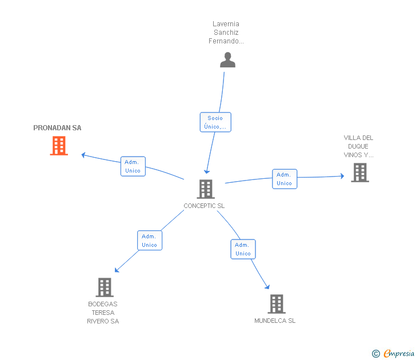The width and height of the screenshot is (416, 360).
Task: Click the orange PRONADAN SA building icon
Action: pyautogui.click(x=59, y=146)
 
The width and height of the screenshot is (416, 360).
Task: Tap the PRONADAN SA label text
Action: pyautogui.click(x=57, y=128)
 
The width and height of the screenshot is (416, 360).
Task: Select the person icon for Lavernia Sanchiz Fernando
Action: pyautogui.click(x=227, y=60)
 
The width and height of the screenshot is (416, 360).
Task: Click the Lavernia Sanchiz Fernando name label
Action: pyautogui.click(x=226, y=33)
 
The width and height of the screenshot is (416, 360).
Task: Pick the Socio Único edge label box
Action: pyautogui.click(x=215, y=122)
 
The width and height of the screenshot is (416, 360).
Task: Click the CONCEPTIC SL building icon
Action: pyautogui.click(x=205, y=189)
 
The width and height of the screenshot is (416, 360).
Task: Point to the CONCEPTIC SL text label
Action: pyautogui.click(x=204, y=206)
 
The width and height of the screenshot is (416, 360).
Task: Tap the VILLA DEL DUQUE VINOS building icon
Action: pyautogui.click(x=359, y=173)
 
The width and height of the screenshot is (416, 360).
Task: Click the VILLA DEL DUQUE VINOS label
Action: pyautogui.click(x=358, y=146)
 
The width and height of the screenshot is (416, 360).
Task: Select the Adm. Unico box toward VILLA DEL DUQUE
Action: pyautogui.click(x=284, y=179)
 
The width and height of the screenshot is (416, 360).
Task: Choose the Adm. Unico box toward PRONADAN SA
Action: pyautogui.click(x=133, y=166)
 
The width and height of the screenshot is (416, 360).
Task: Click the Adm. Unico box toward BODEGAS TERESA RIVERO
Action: pyautogui.click(x=149, y=241)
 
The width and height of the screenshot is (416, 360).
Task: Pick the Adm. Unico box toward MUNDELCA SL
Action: pyautogui.click(x=243, y=249)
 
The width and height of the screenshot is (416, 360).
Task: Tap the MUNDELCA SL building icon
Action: pyautogui.click(x=276, y=304)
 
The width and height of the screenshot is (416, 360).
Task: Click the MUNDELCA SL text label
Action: pyautogui.click(x=275, y=321)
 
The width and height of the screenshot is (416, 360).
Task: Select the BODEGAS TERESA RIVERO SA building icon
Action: pyautogui.click(x=104, y=287)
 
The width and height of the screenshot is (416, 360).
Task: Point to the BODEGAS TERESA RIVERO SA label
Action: pyautogui.click(x=103, y=313)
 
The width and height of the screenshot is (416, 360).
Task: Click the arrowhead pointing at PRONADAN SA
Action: pyautogui.click(x=83, y=154)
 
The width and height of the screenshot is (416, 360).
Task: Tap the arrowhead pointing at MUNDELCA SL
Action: pyautogui.click(x=267, y=287)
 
